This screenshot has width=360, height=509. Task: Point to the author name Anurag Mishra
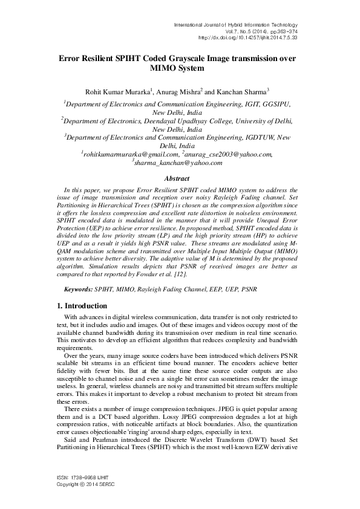[179, 91]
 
